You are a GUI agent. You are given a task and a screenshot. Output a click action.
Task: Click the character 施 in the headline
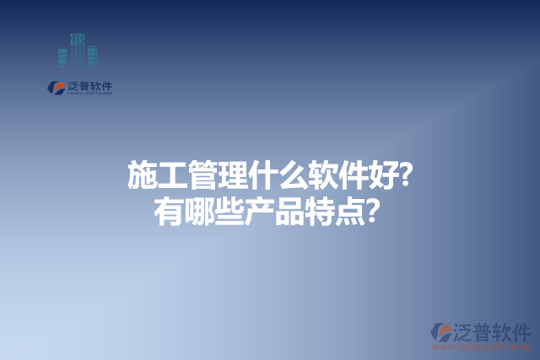click(142, 176)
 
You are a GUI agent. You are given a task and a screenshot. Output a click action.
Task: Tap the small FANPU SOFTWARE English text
click(89, 94)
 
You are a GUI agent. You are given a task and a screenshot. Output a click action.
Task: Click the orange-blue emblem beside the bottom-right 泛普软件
click(441, 332)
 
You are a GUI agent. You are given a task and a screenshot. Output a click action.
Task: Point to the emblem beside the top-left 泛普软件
click(56, 87)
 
